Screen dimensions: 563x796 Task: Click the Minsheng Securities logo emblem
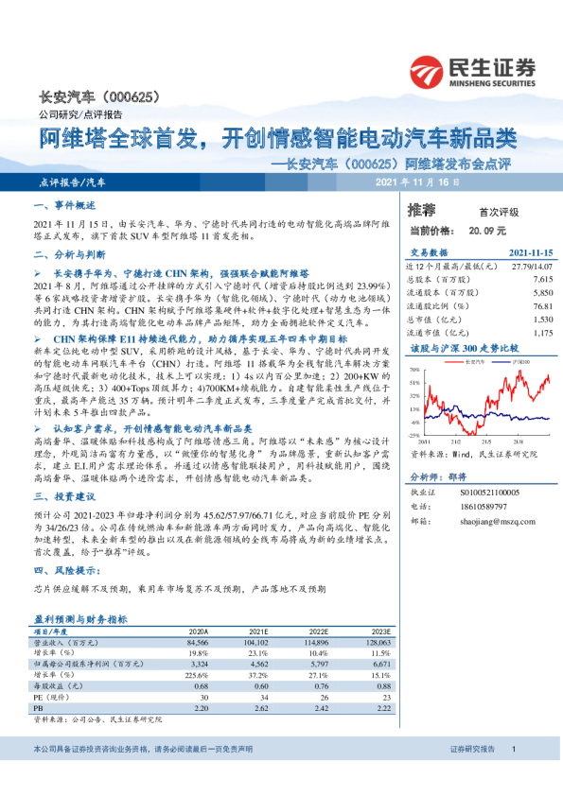[426, 74]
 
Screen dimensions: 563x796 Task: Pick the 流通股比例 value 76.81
[541, 307]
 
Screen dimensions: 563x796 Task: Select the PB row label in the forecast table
[39, 706]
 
